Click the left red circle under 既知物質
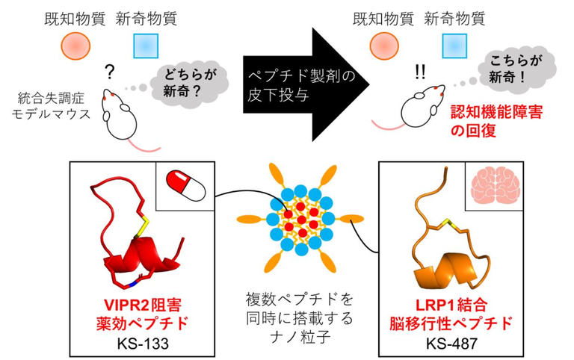click(74, 46)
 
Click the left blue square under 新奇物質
click(144, 46)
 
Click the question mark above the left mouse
click(110, 72)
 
